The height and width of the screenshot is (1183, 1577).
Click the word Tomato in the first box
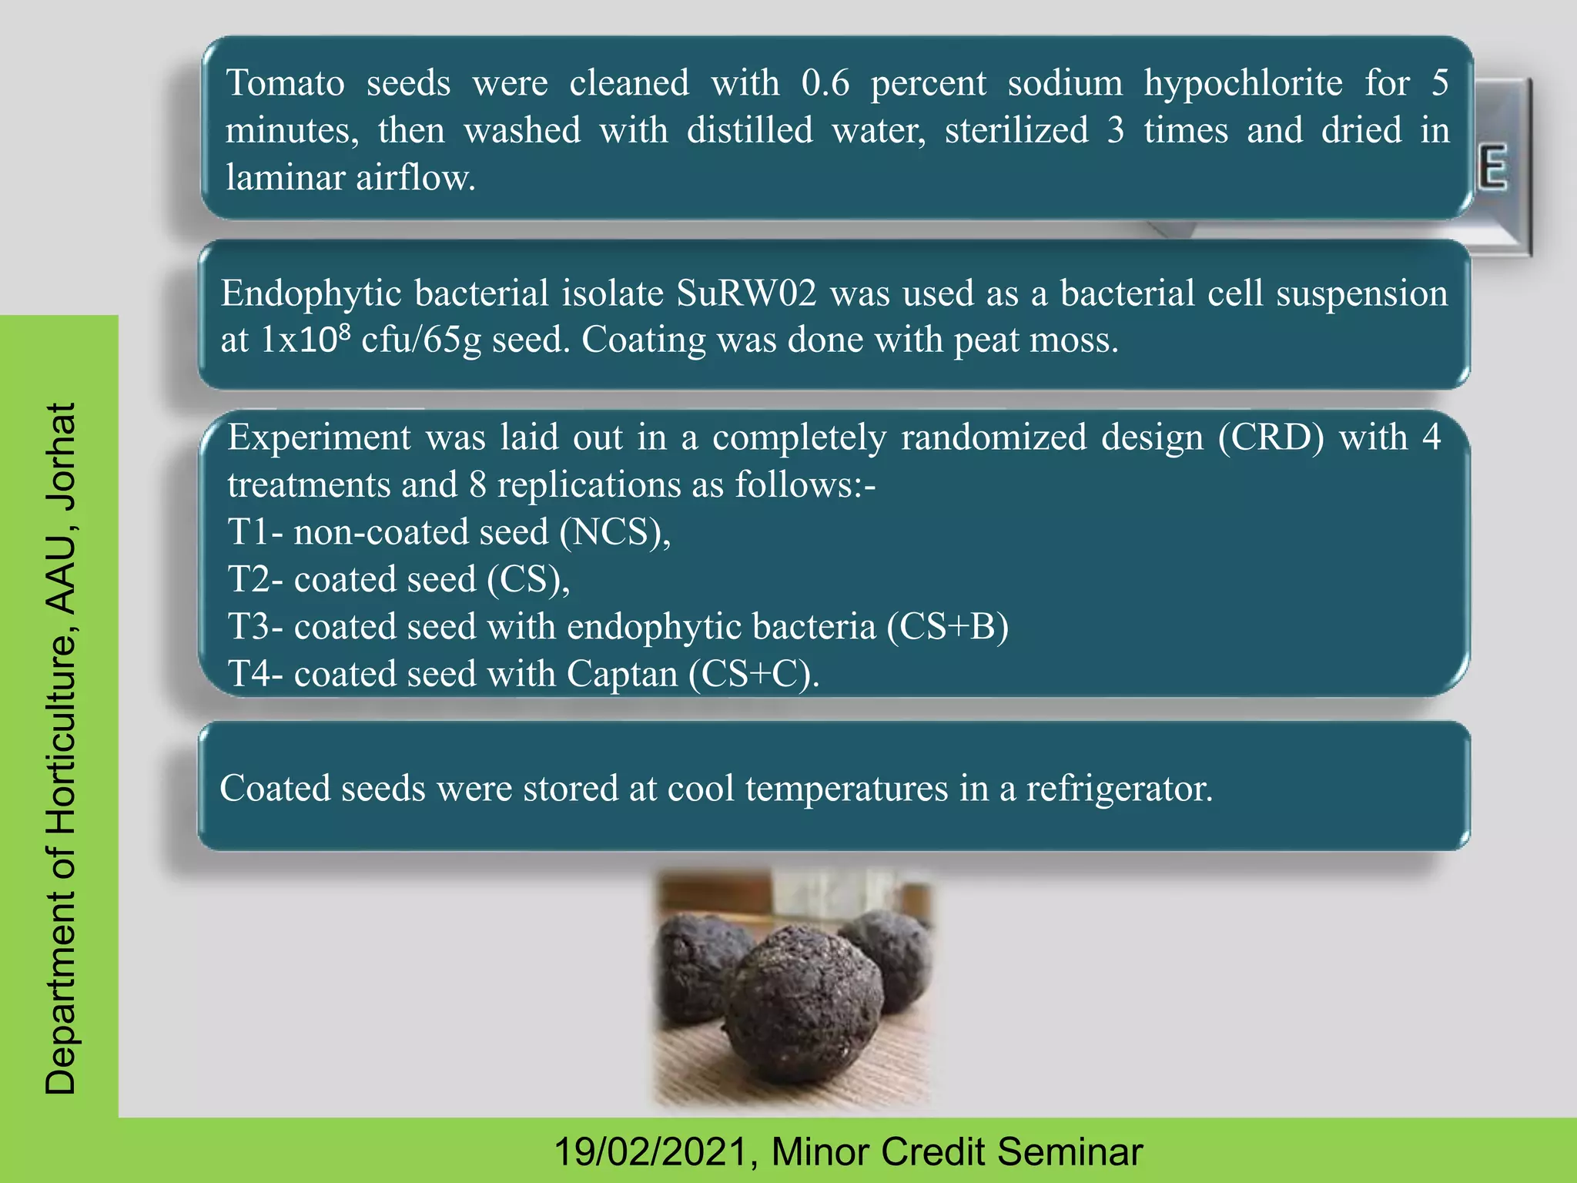pyautogui.click(x=285, y=83)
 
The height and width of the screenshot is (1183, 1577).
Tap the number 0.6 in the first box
pyautogui.click(x=825, y=83)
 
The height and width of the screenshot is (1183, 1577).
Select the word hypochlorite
pyautogui.click(x=1243, y=83)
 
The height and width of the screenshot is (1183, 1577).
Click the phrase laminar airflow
pyautogui.click(x=350, y=178)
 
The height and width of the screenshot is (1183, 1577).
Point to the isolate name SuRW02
pyautogui.click(x=746, y=293)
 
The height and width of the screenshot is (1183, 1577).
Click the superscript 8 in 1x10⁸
pyautogui.click(x=345, y=332)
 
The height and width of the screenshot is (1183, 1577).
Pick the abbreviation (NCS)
pyautogui.click(x=614, y=532)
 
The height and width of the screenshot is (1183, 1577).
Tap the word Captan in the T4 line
pyautogui.click(x=622, y=674)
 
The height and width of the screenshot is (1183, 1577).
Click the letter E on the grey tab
pyautogui.click(x=1492, y=169)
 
